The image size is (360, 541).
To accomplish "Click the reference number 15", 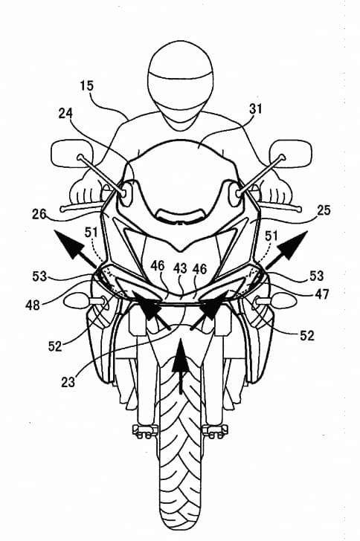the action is [x=87, y=85].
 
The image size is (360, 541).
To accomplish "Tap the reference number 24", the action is [x=65, y=113].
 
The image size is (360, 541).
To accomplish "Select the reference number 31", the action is [x=256, y=109].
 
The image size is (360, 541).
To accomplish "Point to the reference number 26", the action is [x=39, y=215].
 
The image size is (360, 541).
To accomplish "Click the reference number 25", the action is [x=323, y=210].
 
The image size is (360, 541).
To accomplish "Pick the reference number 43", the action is [x=180, y=268].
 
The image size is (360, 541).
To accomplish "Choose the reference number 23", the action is [x=68, y=382].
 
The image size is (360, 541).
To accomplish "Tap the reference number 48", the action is [x=33, y=305].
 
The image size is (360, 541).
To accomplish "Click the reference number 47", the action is [x=321, y=294].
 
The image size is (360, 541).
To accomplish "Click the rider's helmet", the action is [x=180, y=86].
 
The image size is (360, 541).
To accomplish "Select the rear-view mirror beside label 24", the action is [x=72, y=154].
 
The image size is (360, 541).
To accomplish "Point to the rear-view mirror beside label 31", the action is [x=291, y=154].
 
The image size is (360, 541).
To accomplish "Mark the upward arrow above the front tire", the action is [x=180, y=366].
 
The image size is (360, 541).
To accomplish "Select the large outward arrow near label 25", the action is [x=286, y=249].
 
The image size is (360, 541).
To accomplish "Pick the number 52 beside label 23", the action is [x=55, y=346].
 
